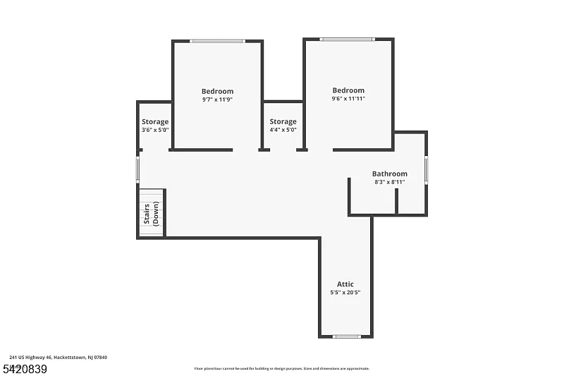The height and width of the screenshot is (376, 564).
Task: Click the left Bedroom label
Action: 217,91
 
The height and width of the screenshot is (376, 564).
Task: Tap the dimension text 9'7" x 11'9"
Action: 217,99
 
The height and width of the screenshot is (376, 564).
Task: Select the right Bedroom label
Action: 348,90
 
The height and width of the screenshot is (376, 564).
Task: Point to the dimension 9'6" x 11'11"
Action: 348,99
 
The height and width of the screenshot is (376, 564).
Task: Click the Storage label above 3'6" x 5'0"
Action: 155,121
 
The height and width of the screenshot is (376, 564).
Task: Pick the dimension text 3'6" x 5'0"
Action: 155,130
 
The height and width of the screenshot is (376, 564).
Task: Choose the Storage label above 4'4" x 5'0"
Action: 283,121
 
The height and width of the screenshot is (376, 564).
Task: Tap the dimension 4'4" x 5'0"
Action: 283,130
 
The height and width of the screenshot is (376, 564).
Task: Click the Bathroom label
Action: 390,174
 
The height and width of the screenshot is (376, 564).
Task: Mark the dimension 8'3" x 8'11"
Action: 390,182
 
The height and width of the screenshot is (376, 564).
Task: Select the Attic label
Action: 345,284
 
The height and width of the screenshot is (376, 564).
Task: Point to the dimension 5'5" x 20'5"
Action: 345,293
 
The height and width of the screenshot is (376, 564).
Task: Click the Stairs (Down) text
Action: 151,213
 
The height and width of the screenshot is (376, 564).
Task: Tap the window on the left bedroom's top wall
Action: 218,41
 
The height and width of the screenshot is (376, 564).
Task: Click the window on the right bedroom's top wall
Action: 347,40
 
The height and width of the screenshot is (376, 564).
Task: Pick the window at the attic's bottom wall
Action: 346,336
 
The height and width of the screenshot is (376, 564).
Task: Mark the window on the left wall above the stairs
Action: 138,169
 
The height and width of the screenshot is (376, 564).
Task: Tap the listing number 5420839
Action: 25,368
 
